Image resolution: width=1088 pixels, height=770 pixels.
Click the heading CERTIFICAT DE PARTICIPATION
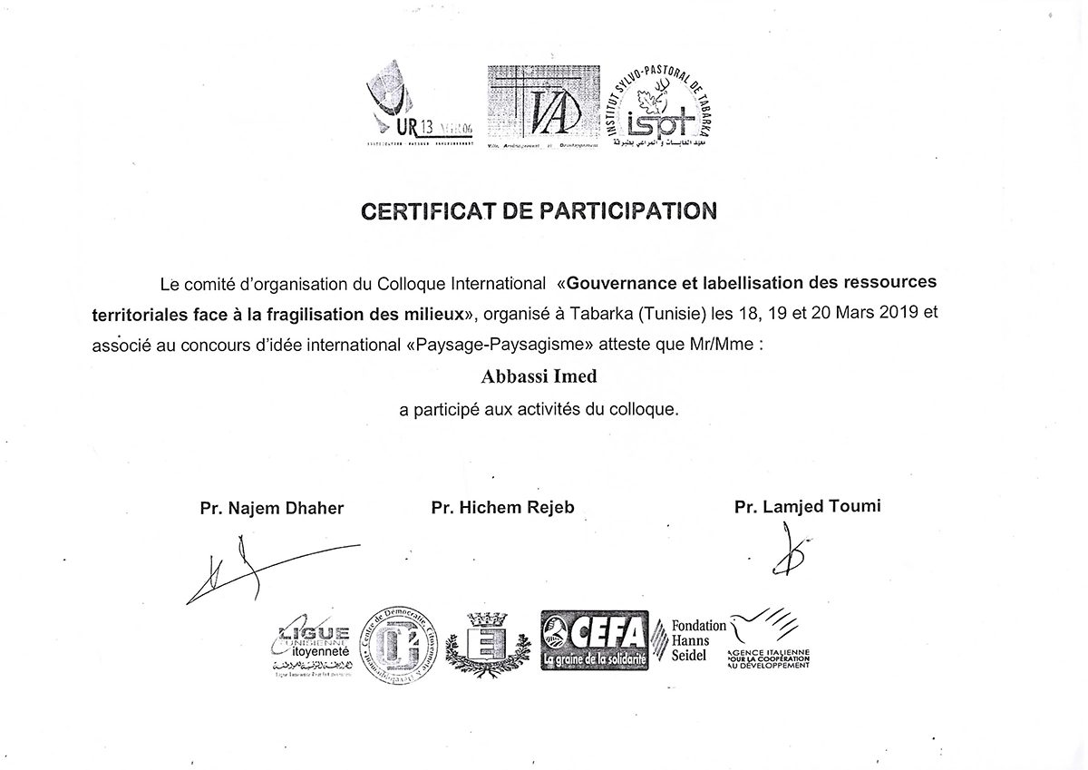[539, 211]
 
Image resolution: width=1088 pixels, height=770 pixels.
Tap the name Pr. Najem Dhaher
[272, 508]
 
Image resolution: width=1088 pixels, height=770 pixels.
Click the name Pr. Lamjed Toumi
[807, 506]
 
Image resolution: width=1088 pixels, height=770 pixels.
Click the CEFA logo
[594, 639]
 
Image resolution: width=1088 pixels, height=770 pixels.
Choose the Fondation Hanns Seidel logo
[698, 640]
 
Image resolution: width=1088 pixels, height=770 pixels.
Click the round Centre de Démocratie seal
[400, 647]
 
